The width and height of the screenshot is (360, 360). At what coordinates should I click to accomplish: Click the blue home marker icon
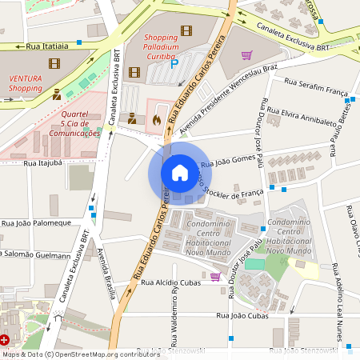pyautogui.click(x=179, y=173)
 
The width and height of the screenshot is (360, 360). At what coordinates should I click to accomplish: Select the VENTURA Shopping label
pyautogui.click(x=26, y=83)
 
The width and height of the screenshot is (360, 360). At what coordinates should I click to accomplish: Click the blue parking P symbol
pyautogui.click(x=174, y=64)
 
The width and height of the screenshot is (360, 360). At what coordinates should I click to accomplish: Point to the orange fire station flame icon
pyautogui.click(x=156, y=118)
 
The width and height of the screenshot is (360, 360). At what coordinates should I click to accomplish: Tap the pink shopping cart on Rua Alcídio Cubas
pyautogui.click(x=215, y=277)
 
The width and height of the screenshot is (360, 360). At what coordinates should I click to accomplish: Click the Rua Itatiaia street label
pyautogui.click(x=46, y=47)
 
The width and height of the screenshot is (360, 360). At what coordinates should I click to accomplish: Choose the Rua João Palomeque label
pyautogui.click(x=37, y=223)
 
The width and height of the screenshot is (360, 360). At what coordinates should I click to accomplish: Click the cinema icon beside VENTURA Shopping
pyautogui.click(x=54, y=63)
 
